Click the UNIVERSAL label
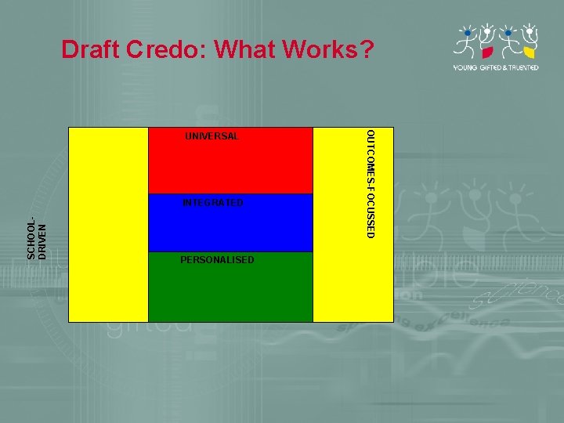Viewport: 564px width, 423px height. coord(211,136)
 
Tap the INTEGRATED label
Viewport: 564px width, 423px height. coord(212,203)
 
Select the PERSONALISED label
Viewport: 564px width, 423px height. coord(217,259)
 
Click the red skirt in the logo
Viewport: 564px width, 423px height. coord(486,53)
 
